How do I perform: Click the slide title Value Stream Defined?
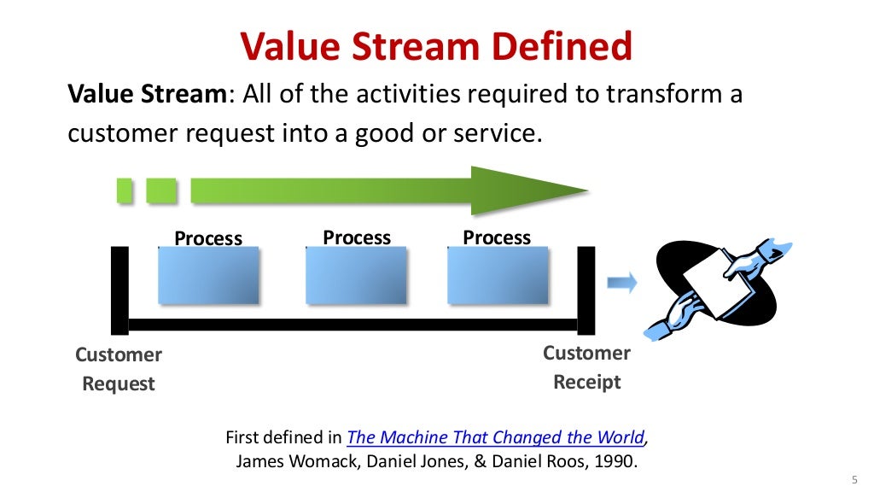[436, 46]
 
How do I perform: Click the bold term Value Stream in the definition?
[146, 94]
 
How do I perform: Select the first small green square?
[125, 190]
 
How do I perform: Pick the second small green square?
[160, 190]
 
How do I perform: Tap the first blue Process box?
[208, 275]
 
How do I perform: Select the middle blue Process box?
[356, 275]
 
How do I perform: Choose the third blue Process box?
[497, 275]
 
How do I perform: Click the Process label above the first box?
[208, 238]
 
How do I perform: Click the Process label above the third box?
[497, 237]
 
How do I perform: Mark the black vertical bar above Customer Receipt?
[586, 289]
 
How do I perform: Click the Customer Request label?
[119, 369]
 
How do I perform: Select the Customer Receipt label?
[586, 367]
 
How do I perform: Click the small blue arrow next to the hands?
[622, 284]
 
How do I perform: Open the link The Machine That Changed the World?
[495, 437]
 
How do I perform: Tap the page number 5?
[854, 477]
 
